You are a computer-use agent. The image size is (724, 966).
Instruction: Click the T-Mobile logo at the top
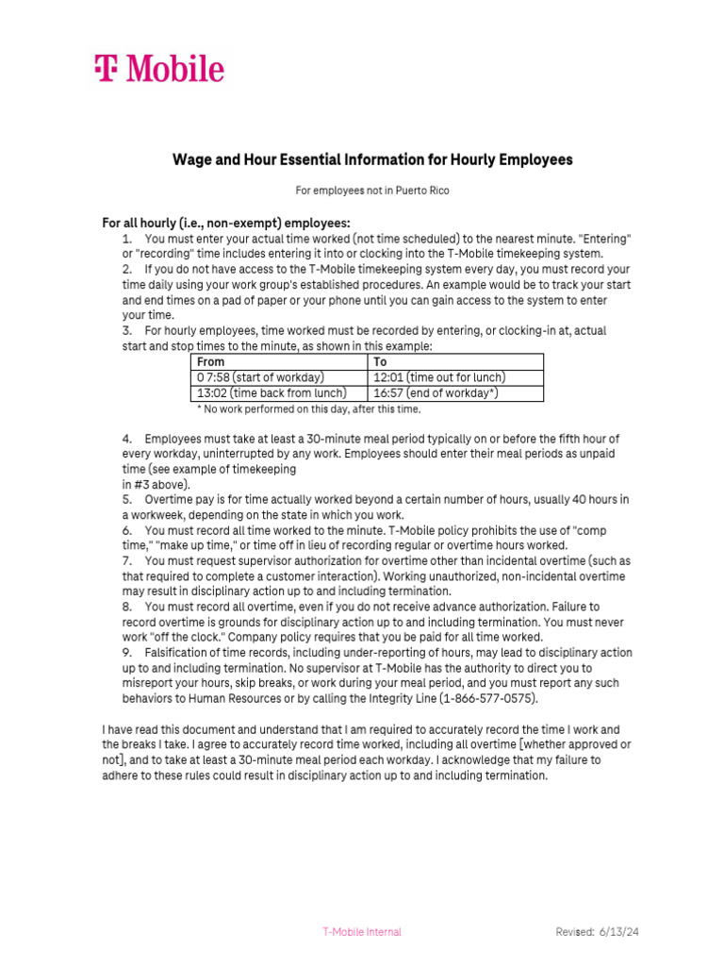(x=158, y=69)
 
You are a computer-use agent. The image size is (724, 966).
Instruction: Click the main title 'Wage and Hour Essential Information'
(x=371, y=159)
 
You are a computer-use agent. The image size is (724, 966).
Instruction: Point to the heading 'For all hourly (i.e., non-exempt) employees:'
(x=226, y=223)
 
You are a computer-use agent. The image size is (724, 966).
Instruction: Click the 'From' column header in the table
(x=211, y=361)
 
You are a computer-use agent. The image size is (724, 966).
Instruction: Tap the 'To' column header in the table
(x=381, y=361)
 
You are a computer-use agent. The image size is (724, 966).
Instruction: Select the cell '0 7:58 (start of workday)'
(x=260, y=377)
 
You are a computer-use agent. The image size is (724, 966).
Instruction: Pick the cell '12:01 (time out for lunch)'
(x=439, y=377)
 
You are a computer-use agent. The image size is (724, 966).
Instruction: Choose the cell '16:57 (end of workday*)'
(x=436, y=392)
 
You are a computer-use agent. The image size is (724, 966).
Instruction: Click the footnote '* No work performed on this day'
(x=308, y=409)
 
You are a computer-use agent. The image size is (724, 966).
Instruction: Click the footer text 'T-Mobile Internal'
(x=361, y=932)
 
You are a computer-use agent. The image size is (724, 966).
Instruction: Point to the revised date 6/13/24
(x=618, y=932)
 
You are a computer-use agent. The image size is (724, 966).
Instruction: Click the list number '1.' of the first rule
(x=127, y=240)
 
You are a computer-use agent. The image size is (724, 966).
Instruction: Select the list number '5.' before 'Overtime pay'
(x=127, y=499)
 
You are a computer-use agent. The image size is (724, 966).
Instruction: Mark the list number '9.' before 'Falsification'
(x=127, y=653)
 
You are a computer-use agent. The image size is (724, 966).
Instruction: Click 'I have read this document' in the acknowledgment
(x=168, y=729)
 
